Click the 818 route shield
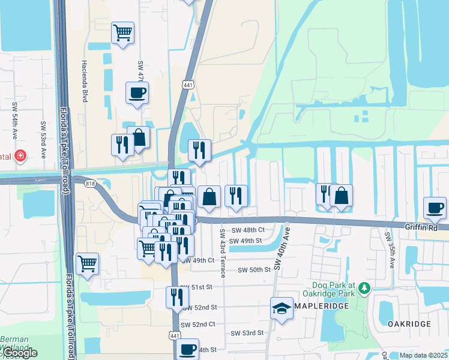pyautogui.click(x=91, y=183)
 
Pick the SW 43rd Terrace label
pyautogui.click(x=222, y=253)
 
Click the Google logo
pyautogui.click(x=19, y=353)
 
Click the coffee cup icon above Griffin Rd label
pyautogui.click(x=435, y=208)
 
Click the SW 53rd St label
pyautogui.click(x=247, y=332)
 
